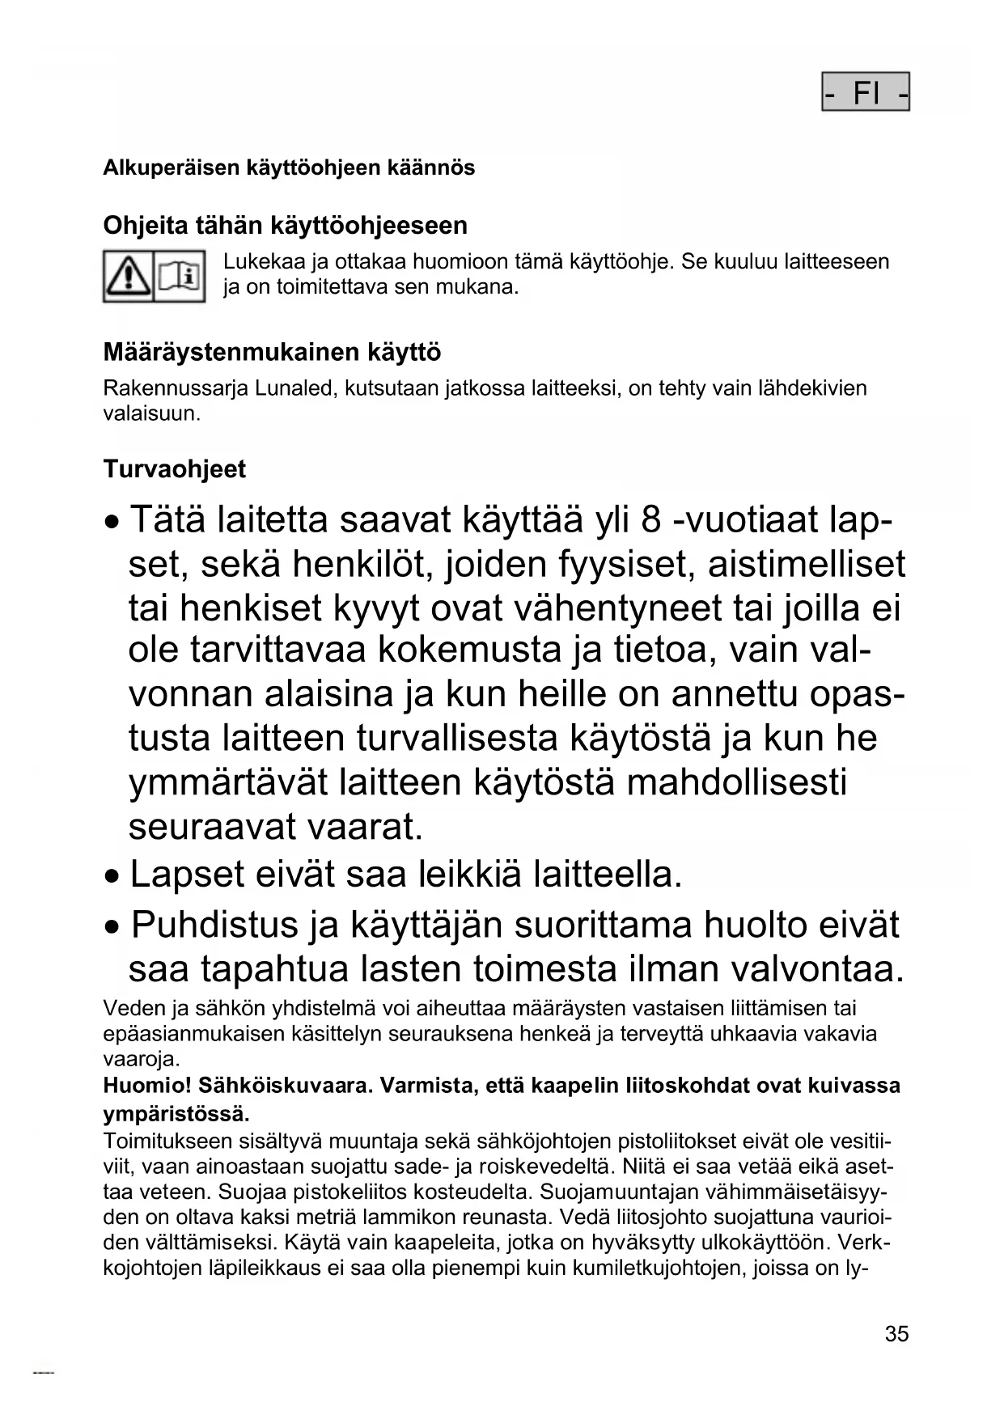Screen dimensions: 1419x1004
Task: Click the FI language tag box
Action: tap(866, 92)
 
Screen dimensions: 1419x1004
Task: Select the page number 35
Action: tap(896, 1334)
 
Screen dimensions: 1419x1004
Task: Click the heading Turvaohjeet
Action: tap(175, 469)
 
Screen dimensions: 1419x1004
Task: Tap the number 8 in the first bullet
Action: tap(650, 520)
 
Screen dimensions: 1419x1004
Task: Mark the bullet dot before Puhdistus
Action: tap(115, 926)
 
